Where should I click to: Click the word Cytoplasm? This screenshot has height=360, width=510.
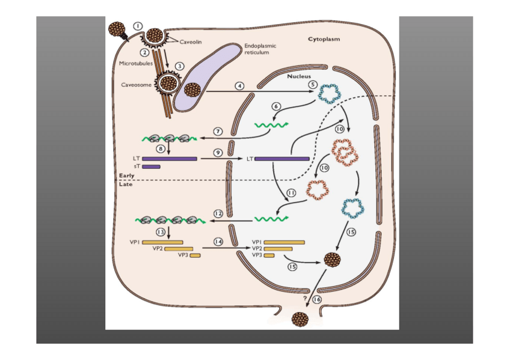pos(324,39)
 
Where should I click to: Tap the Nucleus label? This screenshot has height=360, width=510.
pos(299,76)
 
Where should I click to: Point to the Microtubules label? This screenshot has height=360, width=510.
pos(136,62)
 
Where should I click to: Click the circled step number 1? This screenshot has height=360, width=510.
pos(138,26)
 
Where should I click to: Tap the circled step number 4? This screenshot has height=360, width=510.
pos(239,85)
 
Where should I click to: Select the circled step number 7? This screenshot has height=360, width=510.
pos(219,130)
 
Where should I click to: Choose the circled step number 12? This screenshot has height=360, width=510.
pos(218,213)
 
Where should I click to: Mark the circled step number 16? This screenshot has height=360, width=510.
pos(317,298)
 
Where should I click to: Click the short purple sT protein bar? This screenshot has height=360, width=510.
pos(151,166)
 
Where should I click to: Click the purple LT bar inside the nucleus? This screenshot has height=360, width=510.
pos(281,159)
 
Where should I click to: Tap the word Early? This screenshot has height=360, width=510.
pos(126,175)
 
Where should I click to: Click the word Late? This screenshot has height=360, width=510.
pos(125,185)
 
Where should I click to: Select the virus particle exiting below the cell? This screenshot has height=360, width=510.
pos(299,319)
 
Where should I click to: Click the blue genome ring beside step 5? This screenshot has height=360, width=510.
pos(329,93)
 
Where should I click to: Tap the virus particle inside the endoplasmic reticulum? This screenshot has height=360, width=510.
pos(192,90)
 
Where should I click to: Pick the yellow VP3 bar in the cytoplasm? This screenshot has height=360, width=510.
pos(195,255)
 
